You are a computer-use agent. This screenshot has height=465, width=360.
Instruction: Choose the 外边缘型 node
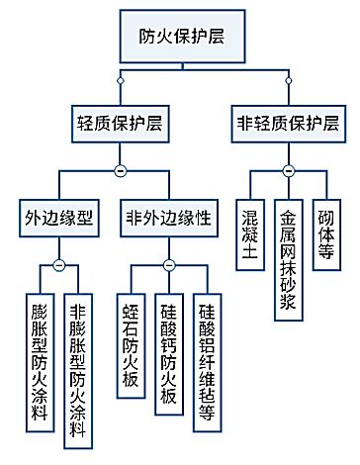coord(57,219)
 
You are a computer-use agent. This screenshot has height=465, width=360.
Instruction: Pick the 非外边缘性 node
coord(168,219)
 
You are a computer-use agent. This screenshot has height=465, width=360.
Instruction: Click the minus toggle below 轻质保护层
coord(119,171)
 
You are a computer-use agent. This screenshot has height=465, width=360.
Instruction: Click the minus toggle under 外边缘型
coord(58,265)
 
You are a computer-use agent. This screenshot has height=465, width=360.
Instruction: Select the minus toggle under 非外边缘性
coord(168,265)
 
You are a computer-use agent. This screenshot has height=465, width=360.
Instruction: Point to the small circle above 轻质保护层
coord(119,77)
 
